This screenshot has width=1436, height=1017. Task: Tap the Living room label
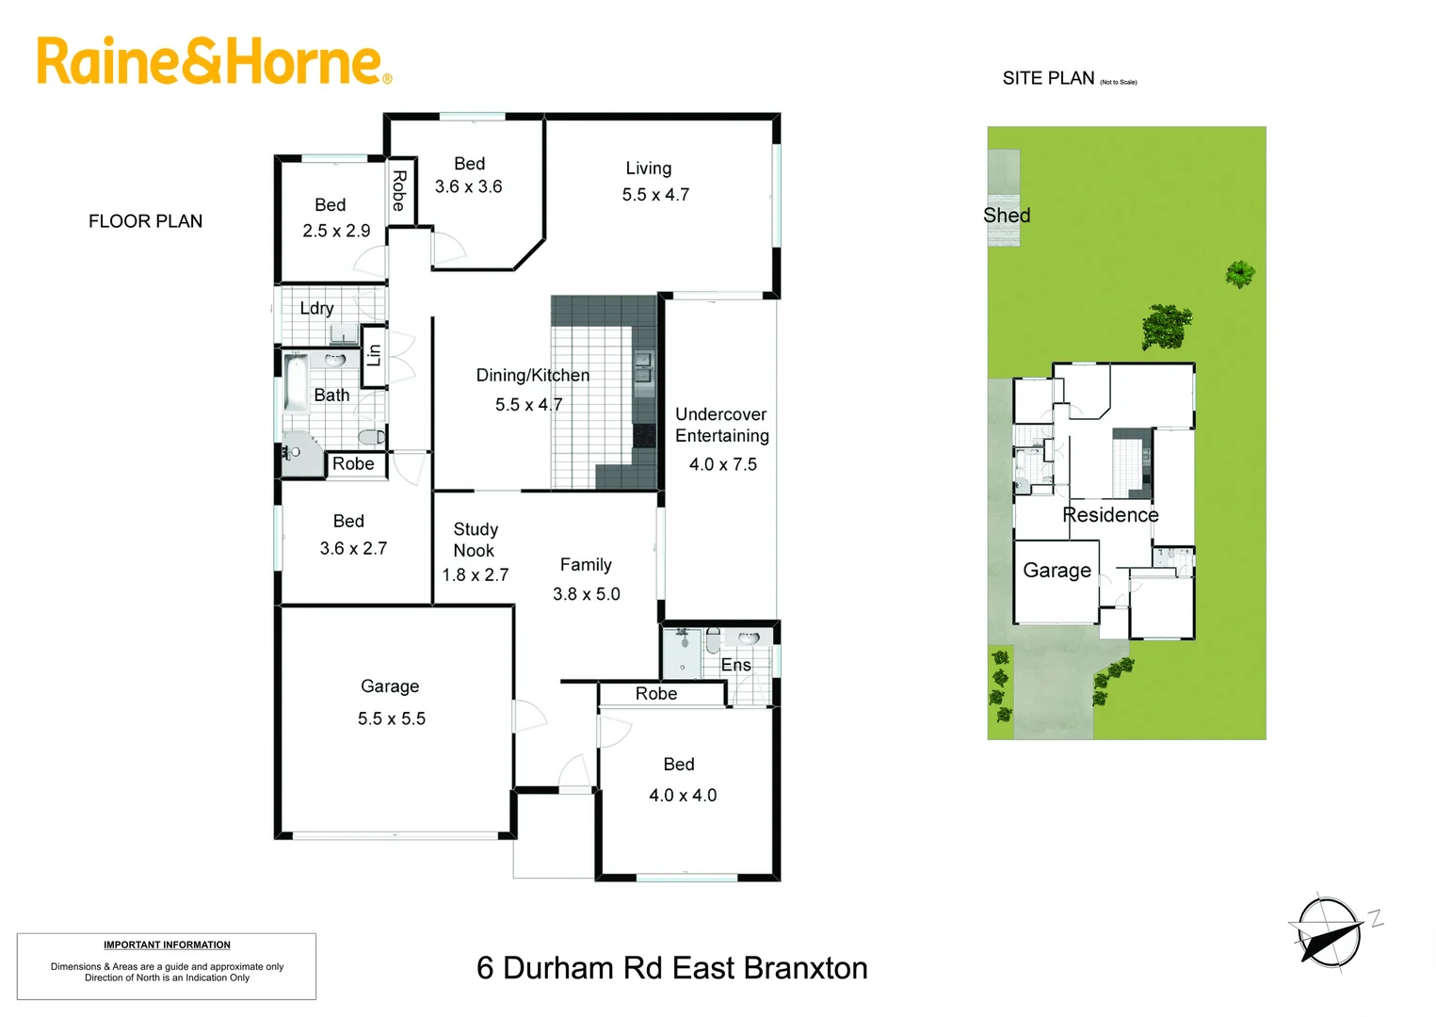tap(649, 169)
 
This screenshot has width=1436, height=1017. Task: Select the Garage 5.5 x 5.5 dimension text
tap(391, 718)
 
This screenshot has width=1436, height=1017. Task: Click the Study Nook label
tap(476, 540)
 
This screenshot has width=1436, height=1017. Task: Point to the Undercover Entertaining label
tap(721, 425)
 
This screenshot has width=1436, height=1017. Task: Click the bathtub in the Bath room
tap(296, 382)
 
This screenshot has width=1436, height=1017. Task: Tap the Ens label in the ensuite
tap(736, 665)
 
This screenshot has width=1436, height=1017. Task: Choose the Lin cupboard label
tap(374, 355)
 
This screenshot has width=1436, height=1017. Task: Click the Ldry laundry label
tap(316, 308)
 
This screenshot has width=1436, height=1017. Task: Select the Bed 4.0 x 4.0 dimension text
tap(683, 796)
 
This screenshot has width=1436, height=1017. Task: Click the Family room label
tap(586, 565)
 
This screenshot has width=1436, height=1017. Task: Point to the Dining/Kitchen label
tap(533, 376)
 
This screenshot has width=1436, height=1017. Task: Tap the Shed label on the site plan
tap(1007, 216)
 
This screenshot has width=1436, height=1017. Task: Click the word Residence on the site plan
tap(1110, 515)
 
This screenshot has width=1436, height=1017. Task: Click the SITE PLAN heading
tap(1048, 78)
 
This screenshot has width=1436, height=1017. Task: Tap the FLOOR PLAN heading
tap(145, 221)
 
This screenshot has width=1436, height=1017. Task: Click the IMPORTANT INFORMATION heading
tap(167, 944)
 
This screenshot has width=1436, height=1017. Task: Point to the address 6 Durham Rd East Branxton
tap(671, 968)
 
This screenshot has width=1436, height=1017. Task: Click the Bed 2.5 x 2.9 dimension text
tap(336, 231)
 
